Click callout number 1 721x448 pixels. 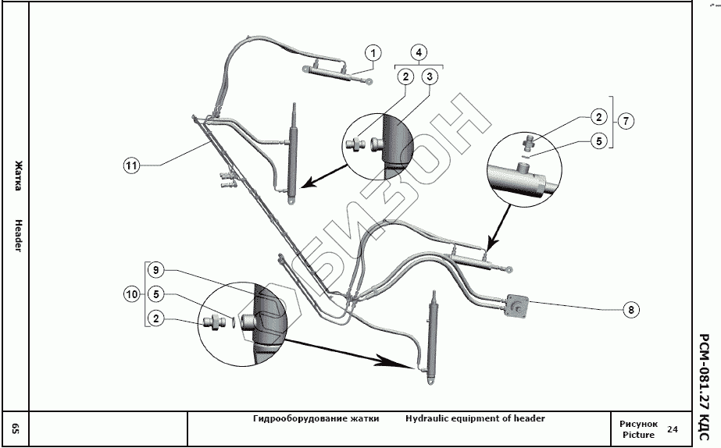point(374,53)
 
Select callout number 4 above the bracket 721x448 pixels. point(419,53)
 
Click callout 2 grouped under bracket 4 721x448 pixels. point(405,76)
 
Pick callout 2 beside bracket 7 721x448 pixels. point(598,117)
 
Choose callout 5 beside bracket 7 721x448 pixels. point(598,142)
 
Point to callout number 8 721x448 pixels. point(631,309)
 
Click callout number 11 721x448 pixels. point(131,165)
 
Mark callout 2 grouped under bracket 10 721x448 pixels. point(157,318)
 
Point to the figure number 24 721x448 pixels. point(673,429)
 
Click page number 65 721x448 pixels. point(15,428)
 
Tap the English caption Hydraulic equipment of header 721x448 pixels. point(475,418)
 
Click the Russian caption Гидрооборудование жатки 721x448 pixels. point(316,418)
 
